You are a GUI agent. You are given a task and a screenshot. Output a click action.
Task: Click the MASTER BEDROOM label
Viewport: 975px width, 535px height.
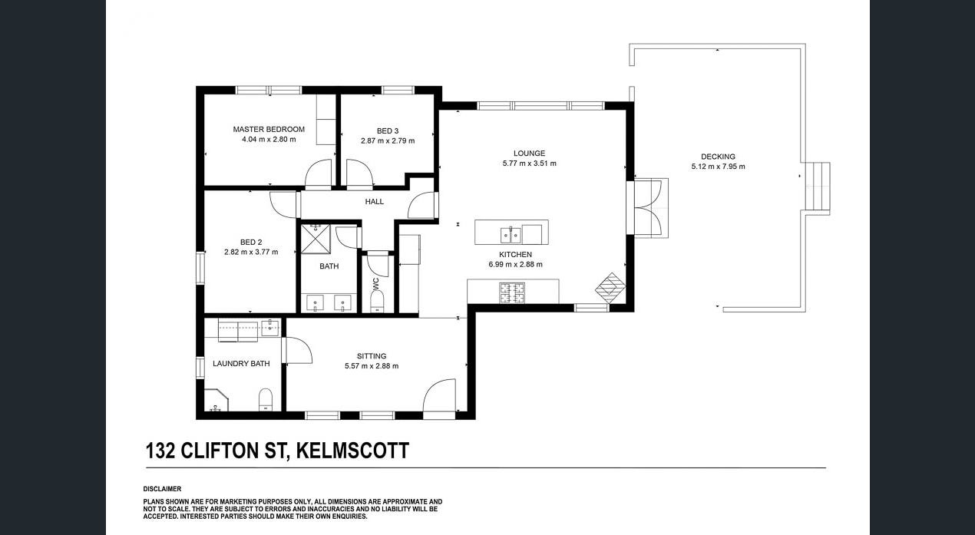(x=269, y=129)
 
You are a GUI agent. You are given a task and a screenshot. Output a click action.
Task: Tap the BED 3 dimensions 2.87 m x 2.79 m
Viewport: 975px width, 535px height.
(x=388, y=141)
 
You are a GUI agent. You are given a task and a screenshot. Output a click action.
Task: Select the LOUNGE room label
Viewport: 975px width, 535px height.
(x=529, y=154)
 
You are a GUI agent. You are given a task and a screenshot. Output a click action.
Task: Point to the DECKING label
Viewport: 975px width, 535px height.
(x=718, y=157)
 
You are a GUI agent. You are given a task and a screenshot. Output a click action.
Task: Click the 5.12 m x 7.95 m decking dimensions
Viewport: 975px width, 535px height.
(x=718, y=167)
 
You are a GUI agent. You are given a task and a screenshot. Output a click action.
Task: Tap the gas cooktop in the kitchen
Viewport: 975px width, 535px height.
(x=511, y=292)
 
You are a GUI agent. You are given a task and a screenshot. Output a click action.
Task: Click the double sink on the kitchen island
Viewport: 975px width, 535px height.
(x=511, y=235)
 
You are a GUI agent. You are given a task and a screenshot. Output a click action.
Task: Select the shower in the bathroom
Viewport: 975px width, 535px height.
(x=316, y=239)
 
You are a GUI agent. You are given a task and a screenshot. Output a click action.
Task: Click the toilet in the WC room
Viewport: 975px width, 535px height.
(x=376, y=301)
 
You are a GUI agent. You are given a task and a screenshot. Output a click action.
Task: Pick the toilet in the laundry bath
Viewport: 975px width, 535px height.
(x=265, y=400)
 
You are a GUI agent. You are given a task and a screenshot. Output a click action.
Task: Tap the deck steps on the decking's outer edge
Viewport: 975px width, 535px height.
(x=817, y=188)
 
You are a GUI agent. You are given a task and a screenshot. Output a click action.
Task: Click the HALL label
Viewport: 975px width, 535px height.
(x=375, y=202)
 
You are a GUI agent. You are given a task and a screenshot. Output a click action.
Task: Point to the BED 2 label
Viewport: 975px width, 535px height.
(x=251, y=243)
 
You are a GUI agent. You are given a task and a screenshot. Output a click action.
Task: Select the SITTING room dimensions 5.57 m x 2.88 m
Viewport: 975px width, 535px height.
(x=372, y=366)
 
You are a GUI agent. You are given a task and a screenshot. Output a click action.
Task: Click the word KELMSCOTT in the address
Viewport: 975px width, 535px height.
(x=352, y=451)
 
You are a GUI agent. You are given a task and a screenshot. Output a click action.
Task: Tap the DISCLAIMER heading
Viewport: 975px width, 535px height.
(x=162, y=489)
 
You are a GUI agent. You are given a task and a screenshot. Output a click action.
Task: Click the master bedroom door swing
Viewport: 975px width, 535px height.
(x=318, y=174)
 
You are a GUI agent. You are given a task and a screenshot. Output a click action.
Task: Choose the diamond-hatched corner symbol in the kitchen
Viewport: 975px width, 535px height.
(x=610, y=288)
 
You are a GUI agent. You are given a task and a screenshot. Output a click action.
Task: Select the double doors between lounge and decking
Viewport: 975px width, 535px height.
(x=648, y=208)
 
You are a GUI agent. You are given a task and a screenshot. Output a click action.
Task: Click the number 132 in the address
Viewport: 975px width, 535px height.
(x=160, y=451)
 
